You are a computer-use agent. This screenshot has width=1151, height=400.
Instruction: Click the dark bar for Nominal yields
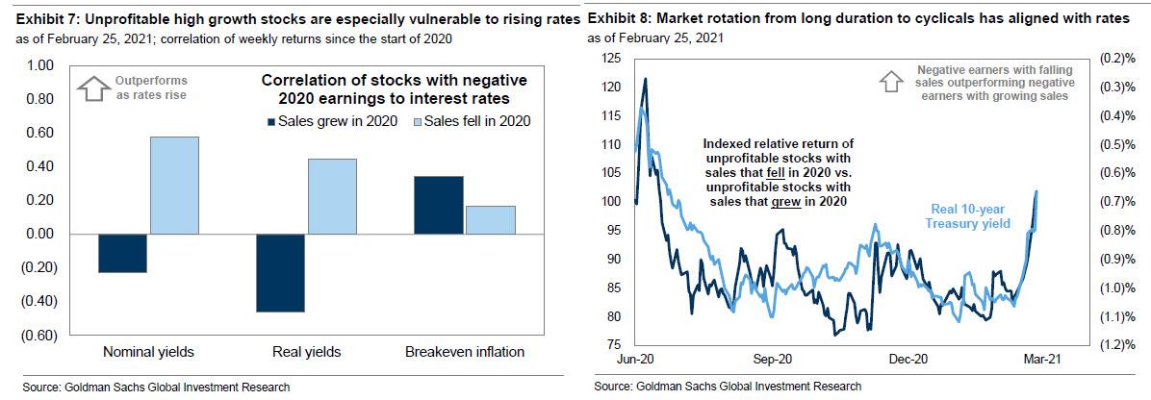[122, 253]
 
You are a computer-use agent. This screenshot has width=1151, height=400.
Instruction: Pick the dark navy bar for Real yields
[281, 272]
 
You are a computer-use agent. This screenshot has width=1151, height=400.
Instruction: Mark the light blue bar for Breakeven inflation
[490, 219]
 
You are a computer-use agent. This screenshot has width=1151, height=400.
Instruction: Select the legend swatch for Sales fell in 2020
[405, 121]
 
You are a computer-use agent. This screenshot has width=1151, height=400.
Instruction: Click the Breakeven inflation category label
[464, 352]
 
